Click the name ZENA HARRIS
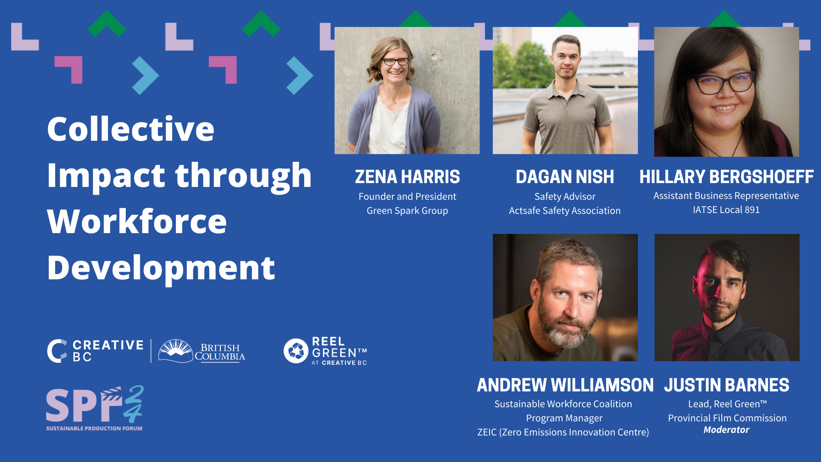407,177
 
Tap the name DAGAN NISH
565,177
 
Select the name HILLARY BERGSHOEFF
726,177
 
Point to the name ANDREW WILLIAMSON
565,385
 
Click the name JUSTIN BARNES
726,385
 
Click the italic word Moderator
726,430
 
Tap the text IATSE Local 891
726,210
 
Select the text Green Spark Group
407,210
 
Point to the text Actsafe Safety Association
565,210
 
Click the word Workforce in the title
137,222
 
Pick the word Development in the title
161,268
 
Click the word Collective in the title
130,129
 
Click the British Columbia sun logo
175,351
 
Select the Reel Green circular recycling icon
296,351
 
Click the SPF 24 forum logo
95,409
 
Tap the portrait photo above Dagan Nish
565,90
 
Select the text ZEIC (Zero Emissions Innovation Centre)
563,432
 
